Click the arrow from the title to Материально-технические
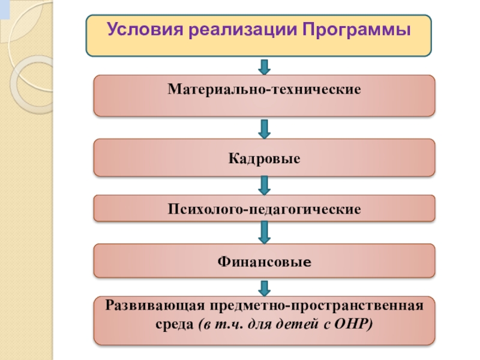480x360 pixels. click(x=264, y=66)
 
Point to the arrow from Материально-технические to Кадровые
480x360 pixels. click(x=264, y=127)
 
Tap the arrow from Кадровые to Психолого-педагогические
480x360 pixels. click(x=264, y=185)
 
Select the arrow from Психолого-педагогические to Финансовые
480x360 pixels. click(x=264, y=232)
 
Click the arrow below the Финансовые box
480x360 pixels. click(x=264, y=286)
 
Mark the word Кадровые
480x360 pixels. click(x=264, y=158)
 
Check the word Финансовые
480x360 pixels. click(x=264, y=262)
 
